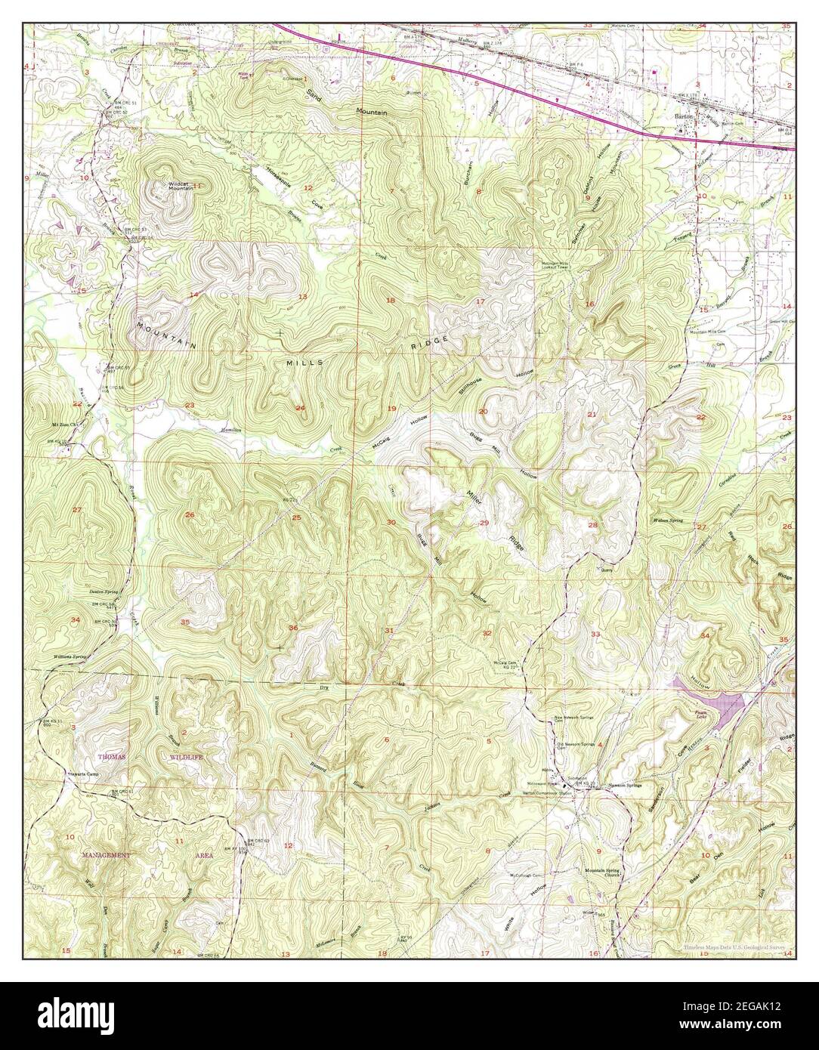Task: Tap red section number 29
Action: tap(484, 523)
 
